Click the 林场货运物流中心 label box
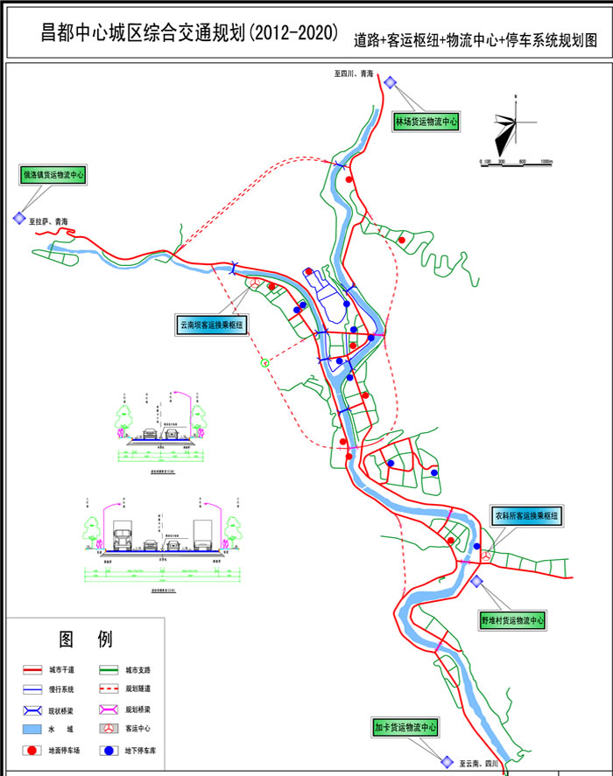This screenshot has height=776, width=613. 426,122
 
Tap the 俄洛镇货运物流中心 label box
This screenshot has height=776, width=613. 53,175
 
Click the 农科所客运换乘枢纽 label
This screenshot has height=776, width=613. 525,516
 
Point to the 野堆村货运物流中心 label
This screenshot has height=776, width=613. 512,620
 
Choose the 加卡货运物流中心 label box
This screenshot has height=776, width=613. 404,727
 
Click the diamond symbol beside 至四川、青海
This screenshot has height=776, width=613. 390,82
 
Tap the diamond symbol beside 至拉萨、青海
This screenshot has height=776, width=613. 18,219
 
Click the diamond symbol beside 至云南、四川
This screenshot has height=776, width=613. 446,761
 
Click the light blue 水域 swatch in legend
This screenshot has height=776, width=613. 32,729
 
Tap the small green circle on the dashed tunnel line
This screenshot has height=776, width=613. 264,362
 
